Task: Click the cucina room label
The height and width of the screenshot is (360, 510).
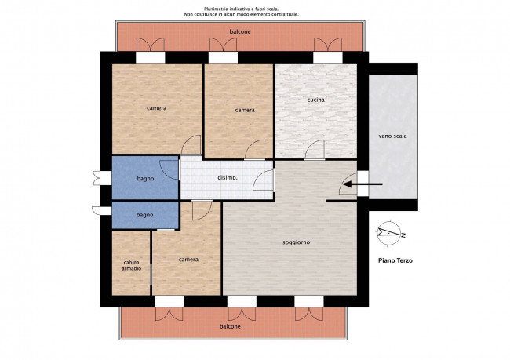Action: pos(316,100)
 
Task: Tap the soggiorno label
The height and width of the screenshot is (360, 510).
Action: pos(296,242)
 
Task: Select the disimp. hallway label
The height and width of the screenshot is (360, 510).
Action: pos(228,178)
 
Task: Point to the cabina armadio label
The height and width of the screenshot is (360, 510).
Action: pos(131,265)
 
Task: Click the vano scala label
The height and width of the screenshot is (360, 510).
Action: pos(392,136)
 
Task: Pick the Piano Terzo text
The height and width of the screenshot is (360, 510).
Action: pos(395,260)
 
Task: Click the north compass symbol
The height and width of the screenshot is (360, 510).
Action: pos(389,233)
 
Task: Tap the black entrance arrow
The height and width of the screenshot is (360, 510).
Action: pos(363,184)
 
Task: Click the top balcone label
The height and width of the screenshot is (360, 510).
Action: pos(240,32)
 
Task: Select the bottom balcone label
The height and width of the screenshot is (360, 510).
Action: pos(230,326)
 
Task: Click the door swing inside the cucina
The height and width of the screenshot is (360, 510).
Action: pos(315,150)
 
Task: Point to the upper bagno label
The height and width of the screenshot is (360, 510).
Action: pos(145,179)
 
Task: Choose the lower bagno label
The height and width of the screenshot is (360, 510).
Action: pos(144,215)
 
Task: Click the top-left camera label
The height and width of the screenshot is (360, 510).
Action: pos(156,108)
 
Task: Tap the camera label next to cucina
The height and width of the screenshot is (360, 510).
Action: pos(245,111)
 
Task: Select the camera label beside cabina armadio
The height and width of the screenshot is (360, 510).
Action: pos(188,260)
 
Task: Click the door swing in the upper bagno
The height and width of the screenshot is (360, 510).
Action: pos(169,169)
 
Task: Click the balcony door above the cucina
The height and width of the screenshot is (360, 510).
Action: pos(328,45)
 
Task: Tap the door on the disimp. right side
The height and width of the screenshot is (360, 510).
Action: pos(264,180)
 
